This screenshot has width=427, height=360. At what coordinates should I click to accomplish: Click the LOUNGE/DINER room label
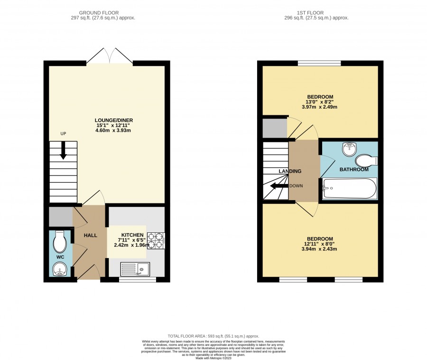click(114, 120)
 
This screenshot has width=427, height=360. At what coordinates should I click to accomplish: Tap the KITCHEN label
click(132, 235)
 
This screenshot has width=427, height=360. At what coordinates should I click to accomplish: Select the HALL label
click(91, 235)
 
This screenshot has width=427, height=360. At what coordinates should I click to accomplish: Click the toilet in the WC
click(60, 241)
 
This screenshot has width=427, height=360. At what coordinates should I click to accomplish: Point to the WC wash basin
click(60, 269)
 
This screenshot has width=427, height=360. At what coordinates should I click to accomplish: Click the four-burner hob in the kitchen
click(156, 241)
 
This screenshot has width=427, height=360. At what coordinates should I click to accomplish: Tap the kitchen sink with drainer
click(135, 269)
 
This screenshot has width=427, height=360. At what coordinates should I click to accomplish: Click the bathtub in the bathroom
click(349, 188)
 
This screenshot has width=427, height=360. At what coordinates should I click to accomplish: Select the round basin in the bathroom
click(350, 148)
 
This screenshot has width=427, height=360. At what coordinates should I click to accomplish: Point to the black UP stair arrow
click(63, 150)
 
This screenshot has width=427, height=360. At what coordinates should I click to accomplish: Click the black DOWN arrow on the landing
click(279, 186)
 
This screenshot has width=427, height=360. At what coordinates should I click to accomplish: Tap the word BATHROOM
click(354, 169)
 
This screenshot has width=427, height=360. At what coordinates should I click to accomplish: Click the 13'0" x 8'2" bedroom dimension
click(319, 102)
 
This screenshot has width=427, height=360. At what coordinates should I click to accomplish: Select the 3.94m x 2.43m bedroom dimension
click(319, 249)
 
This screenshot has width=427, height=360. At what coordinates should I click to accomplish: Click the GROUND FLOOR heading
click(99, 13)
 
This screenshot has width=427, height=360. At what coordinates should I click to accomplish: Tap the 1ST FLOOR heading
click(310, 13)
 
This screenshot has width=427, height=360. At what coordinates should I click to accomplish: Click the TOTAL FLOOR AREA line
click(213, 336)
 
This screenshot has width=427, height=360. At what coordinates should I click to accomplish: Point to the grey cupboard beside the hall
click(61, 216)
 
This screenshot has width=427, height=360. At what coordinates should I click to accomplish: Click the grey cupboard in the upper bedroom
click(275, 128)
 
